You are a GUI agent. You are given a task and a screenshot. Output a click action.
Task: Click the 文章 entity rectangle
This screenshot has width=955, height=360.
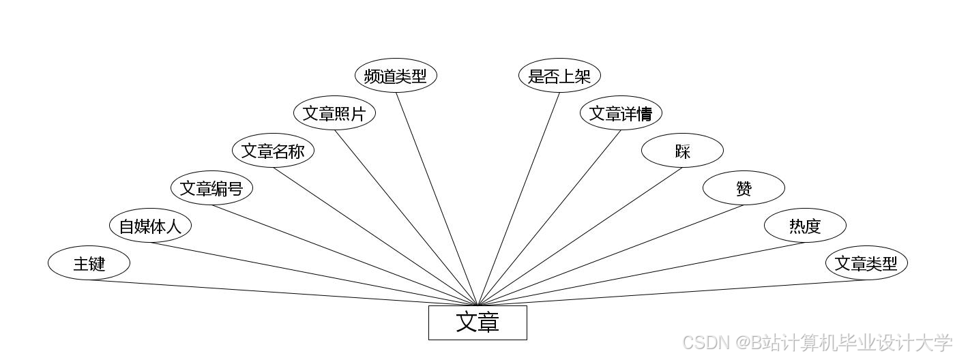(477, 322)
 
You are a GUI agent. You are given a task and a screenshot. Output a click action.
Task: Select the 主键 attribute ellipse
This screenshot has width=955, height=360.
(89, 263)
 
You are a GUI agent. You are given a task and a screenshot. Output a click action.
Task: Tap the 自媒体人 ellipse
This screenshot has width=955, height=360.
(150, 226)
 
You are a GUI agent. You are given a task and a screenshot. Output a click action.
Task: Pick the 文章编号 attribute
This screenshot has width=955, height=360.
(211, 188)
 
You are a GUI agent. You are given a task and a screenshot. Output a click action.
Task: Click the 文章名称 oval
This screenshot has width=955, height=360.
(273, 151)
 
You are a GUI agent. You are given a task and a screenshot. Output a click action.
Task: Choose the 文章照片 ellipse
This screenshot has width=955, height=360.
(334, 113)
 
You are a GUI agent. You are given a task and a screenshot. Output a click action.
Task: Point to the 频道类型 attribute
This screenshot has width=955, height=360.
(396, 76)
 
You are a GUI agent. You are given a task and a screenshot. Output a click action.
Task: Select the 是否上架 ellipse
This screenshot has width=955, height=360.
(559, 76)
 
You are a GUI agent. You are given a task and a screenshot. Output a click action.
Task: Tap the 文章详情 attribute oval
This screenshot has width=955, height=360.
(621, 113)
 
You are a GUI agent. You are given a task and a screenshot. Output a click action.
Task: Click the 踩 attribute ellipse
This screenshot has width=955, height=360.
(682, 151)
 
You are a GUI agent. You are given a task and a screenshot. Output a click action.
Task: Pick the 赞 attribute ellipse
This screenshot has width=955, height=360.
(744, 188)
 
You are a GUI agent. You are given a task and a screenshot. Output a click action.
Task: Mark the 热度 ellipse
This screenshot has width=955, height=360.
(805, 226)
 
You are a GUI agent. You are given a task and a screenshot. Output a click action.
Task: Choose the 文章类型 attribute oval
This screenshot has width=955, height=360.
(866, 263)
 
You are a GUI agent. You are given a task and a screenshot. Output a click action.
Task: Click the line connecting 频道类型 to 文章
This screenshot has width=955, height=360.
(437, 198)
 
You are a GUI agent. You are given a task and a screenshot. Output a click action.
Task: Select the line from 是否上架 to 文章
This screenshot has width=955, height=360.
(518, 198)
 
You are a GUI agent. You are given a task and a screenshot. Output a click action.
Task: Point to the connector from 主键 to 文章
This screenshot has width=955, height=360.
(283, 292)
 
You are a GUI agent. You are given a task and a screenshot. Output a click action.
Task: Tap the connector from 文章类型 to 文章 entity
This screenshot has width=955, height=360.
(672, 292)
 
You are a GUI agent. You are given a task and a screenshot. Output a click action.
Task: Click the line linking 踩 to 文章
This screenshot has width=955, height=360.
(580, 237)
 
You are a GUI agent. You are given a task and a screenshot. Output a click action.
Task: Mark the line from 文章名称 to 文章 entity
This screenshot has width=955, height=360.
(375, 237)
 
